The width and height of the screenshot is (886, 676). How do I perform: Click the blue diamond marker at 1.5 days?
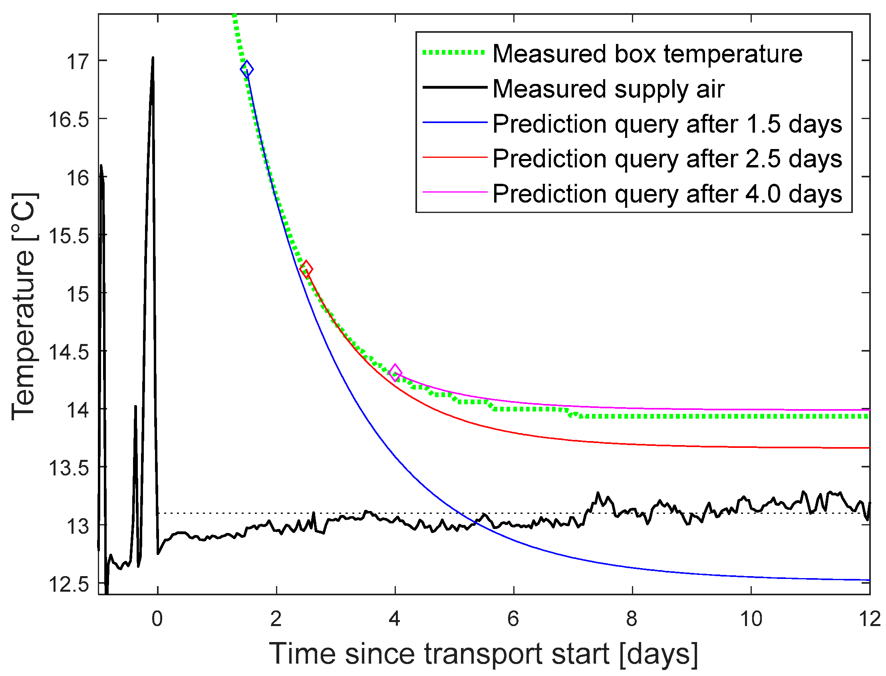pos(246,69)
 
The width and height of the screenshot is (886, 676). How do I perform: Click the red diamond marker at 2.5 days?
pos(306,269)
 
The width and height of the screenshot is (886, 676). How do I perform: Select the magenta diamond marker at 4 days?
pos(395,372)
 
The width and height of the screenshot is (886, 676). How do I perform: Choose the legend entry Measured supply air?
pos(608,89)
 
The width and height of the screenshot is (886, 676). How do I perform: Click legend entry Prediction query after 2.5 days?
pos(667,159)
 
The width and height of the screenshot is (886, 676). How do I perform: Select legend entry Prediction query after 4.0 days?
pos(667,194)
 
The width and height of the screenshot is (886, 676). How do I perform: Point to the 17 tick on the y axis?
pos(77,62)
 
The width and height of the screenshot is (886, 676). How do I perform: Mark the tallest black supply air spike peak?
pos(153,58)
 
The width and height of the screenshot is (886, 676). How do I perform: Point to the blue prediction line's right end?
pos(868,580)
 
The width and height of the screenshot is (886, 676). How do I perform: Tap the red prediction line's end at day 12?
pos(868,448)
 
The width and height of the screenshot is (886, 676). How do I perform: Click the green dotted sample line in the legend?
pos(454,52)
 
